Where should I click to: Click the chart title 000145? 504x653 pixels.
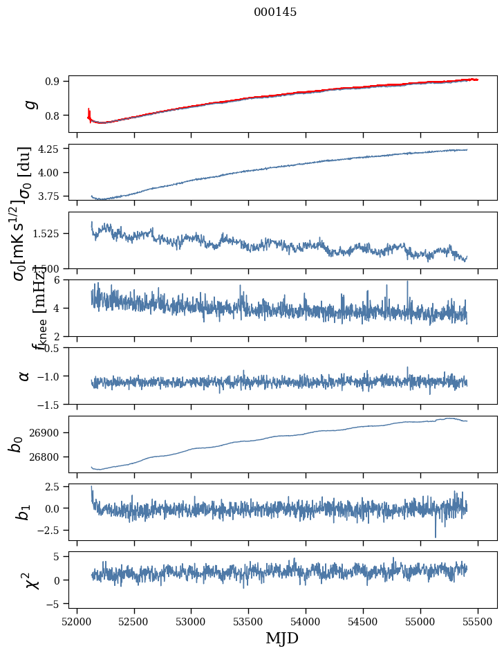click(x=274, y=12)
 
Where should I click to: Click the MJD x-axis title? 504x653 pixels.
click(x=282, y=638)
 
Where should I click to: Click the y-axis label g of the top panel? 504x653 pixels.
click(x=30, y=104)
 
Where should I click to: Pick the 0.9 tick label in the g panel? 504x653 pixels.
click(x=55, y=81)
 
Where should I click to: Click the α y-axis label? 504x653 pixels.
click(x=24, y=376)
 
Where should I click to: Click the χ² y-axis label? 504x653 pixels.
click(x=30, y=580)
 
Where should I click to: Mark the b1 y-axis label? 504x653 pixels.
click(x=24, y=513)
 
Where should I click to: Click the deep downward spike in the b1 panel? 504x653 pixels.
click(x=436, y=535)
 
